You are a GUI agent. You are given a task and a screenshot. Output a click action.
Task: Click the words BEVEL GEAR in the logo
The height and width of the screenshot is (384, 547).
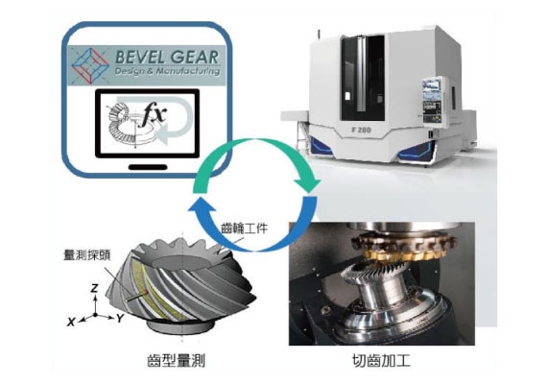click(x=167, y=57)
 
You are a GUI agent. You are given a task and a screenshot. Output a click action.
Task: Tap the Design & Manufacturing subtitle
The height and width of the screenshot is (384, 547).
click(x=167, y=71)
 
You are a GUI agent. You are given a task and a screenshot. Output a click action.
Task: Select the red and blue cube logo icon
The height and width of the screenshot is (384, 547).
click(x=90, y=64)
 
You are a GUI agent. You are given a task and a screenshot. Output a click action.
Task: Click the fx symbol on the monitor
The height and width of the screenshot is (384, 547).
click(x=152, y=115)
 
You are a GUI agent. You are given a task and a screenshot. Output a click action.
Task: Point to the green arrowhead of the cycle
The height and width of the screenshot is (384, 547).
click(x=307, y=184)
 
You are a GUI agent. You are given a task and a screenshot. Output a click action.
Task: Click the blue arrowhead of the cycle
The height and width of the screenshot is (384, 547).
click(x=202, y=205)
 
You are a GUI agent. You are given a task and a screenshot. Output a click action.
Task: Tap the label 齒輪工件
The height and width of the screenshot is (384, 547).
click(x=244, y=228)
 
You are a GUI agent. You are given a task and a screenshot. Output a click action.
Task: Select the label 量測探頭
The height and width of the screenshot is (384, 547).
click(x=87, y=254)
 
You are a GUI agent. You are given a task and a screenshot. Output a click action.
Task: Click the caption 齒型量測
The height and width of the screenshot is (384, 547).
click(x=177, y=360)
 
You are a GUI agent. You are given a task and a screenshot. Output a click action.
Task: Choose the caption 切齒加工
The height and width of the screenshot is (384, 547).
click(x=381, y=360)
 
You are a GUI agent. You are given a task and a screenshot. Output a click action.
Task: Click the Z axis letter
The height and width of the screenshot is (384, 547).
click(x=94, y=288)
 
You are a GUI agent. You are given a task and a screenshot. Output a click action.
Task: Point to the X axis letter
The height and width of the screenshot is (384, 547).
click(x=71, y=322)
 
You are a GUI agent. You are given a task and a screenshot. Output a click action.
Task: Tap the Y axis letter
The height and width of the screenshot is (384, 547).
click(x=120, y=318)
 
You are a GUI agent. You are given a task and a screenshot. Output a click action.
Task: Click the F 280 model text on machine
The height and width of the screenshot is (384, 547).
click(x=361, y=131)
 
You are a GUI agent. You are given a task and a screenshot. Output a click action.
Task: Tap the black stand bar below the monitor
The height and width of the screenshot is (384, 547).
click(x=148, y=167)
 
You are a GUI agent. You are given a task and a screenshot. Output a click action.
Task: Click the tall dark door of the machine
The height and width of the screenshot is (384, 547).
click(x=363, y=78)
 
